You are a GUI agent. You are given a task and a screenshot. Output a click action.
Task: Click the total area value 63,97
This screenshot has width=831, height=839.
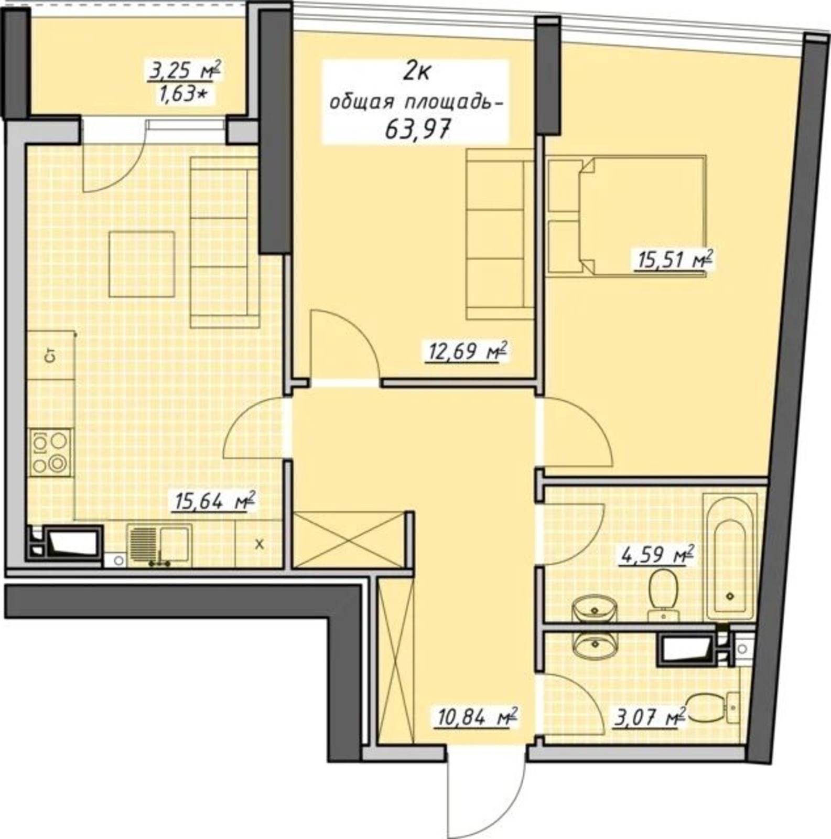(418, 129)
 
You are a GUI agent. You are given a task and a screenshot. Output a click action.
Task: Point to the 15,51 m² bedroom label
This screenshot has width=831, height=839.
(674, 260)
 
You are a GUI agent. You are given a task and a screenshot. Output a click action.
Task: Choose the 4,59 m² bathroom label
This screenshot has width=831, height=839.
(657, 555)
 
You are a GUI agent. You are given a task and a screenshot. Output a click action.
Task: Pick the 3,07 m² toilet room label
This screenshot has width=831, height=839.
(650, 716)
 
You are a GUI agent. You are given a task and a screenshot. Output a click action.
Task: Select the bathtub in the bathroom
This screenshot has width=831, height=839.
(731, 558)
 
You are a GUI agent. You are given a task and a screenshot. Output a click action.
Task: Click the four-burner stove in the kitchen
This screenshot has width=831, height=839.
(50, 453)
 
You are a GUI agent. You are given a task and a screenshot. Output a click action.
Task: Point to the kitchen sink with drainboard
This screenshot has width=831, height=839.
(159, 546)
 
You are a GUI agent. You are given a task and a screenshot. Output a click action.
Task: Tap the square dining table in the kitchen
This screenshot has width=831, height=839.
(142, 264)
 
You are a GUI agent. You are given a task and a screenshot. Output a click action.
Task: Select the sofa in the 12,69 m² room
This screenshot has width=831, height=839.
(500, 234)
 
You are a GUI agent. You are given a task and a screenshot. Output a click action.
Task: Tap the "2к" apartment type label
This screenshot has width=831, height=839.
(416, 72)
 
